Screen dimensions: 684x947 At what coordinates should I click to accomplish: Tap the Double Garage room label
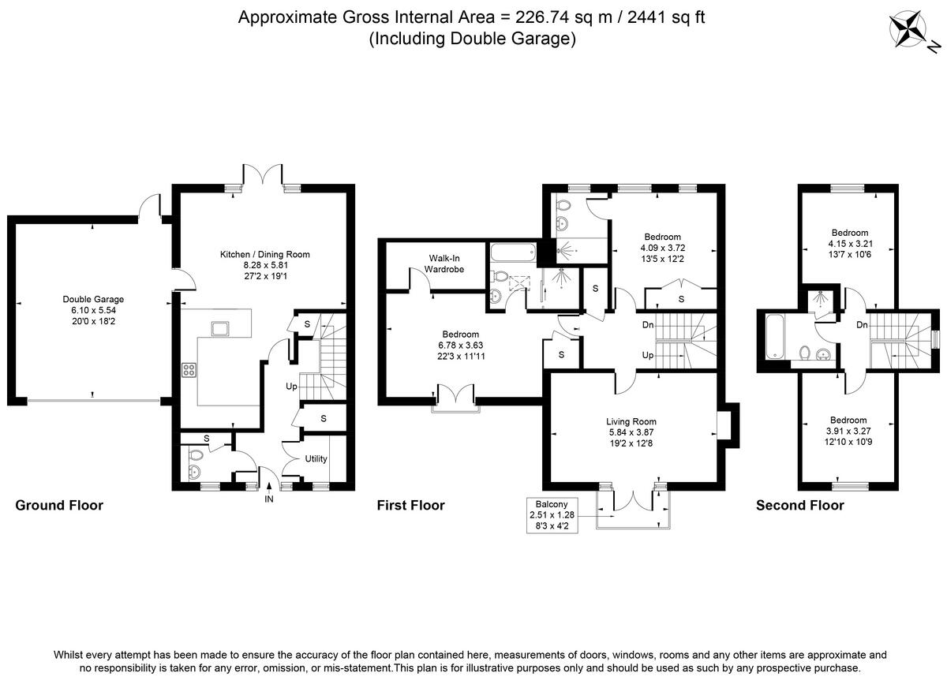click(x=93, y=310)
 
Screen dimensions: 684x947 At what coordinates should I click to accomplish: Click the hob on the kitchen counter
click(x=190, y=369)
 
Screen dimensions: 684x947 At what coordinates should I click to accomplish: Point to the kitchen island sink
click(x=218, y=327)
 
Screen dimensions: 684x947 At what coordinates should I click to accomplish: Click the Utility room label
click(x=316, y=458)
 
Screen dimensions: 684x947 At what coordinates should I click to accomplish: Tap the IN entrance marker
click(x=268, y=499)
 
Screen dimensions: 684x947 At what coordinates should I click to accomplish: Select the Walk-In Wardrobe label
click(x=446, y=264)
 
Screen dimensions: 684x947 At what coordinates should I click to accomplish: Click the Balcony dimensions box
click(x=554, y=515)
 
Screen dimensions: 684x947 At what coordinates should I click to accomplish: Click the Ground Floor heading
click(x=59, y=505)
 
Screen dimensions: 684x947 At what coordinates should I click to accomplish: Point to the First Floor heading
click(x=410, y=505)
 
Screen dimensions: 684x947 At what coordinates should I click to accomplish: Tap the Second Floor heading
click(x=799, y=505)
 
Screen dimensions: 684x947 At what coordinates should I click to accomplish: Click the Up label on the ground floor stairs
click(x=291, y=387)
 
